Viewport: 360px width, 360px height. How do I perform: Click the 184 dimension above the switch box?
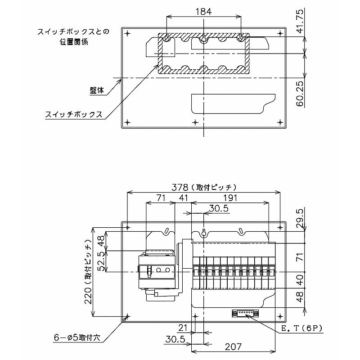click(x=203, y=11)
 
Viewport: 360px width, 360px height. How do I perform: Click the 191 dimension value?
click(x=229, y=198)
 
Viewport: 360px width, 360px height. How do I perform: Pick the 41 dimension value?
click(x=183, y=198)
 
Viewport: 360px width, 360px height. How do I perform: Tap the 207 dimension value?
click(x=233, y=346)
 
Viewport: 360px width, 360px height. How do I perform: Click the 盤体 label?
click(x=97, y=90)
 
